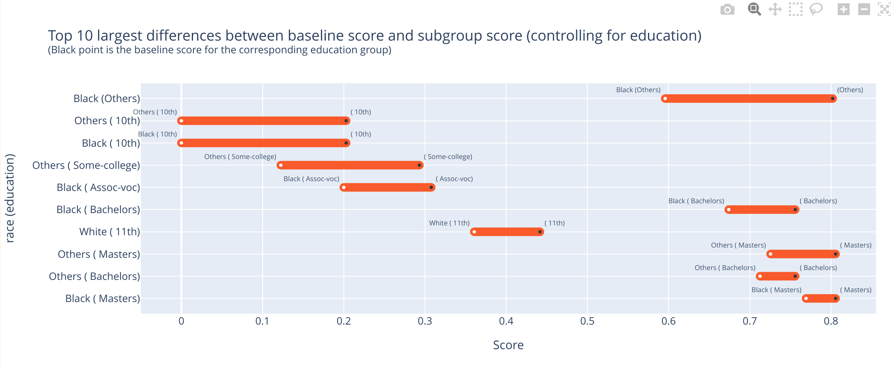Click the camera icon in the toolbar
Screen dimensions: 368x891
(x=727, y=9)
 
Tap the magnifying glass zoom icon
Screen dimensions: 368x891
(x=754, y=9)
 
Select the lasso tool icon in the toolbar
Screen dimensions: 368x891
(x=816, y=9)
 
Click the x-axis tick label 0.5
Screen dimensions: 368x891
(x=587, y=321)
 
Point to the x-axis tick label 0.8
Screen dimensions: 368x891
(x=831, y=321)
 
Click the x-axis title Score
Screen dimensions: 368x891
(x=508, y=345)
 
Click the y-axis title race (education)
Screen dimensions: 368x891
(x=10, y=198)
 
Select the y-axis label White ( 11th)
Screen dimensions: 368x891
(x=109, y=232)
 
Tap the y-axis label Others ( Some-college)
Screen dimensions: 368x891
(x=86, y=166)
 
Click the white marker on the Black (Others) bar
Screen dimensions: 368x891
(x=665, y=99)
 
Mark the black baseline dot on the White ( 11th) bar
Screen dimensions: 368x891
(x=540, y=232)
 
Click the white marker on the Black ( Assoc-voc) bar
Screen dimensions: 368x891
(x=343, y=188)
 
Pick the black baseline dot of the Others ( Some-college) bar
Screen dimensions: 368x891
(x=419, y=166)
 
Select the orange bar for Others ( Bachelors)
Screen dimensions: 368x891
(x=777, y=277)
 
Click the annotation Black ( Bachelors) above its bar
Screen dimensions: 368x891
(x=696, y=201)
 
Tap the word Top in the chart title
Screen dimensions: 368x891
(x=60, y=36)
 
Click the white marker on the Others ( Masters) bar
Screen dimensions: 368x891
(x=771, y=254)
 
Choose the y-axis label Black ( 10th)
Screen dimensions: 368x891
(x=111, y=143)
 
